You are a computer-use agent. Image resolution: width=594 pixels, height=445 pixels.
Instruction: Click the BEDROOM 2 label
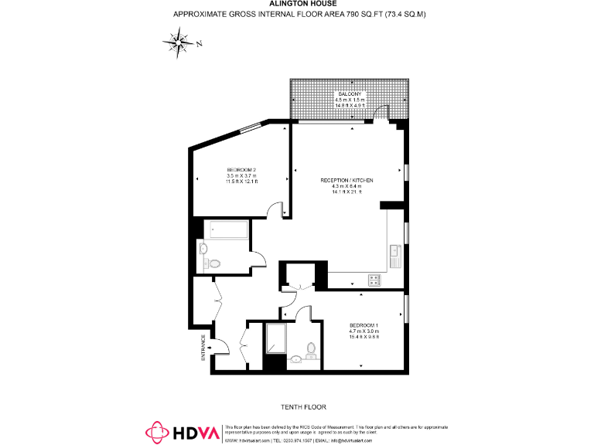pos(241,169)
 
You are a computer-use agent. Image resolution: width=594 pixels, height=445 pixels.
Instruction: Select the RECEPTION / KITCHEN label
pos(347,180)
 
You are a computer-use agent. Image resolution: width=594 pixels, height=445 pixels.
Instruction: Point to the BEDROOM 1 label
pos(362,324)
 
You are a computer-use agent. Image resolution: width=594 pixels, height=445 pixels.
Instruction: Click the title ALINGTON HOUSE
pos(298,4)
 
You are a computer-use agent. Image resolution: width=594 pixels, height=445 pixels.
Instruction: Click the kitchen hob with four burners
pos(374,280)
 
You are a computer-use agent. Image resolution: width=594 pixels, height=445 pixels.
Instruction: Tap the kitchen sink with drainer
pos(395,255)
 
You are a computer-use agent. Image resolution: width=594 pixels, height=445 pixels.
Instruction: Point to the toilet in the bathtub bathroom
pos(214,263)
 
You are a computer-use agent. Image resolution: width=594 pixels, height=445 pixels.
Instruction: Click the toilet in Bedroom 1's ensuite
pos(311,349)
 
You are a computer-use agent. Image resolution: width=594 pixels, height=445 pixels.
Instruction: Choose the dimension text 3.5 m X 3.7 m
pos(241,175)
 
